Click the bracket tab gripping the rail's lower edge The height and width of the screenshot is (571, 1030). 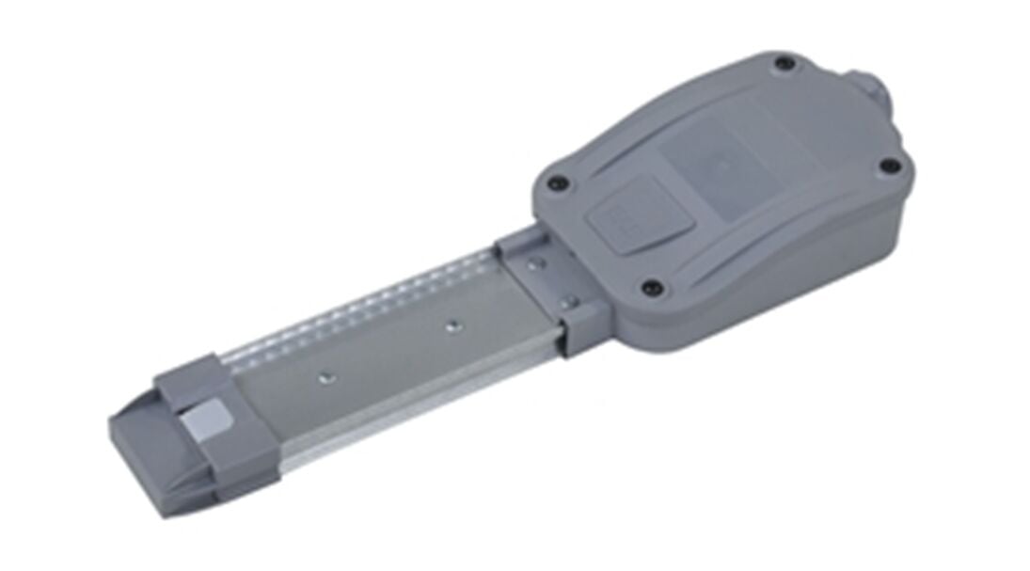(576, 333)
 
